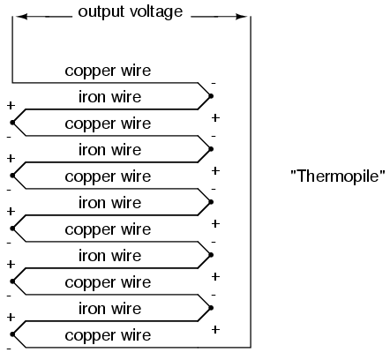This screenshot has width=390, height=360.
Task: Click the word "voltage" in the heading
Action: (156, 11)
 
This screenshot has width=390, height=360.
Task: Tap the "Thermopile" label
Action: (338, 176)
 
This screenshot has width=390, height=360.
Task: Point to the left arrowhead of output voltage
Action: (21, 17)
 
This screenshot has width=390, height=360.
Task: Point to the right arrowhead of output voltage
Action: (241, 17)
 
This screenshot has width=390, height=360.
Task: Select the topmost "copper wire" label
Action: (108, 71)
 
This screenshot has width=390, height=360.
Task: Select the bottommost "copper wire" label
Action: (108, 335)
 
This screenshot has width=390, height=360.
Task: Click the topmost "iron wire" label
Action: (109, 97)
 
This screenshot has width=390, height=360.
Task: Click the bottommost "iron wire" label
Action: (109, 309)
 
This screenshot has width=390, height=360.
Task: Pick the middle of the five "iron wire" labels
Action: (109, 203)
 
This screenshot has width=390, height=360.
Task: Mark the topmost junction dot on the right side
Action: (211, 96)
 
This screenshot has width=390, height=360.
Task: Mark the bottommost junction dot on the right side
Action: (211, 308)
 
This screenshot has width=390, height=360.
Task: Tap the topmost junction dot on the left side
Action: (12, 123)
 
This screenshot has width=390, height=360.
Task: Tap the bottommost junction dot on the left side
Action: (12, 334)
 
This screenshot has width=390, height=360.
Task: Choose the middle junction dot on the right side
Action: (211, 202)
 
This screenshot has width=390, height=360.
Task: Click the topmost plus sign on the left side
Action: (11, 105)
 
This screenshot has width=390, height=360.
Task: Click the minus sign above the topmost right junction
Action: (214, 84)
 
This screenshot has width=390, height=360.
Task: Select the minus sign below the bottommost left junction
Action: (9, 349)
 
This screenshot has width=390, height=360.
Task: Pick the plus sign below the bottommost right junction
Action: (215, 329)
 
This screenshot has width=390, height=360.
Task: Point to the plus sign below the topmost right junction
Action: (215, 117)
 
